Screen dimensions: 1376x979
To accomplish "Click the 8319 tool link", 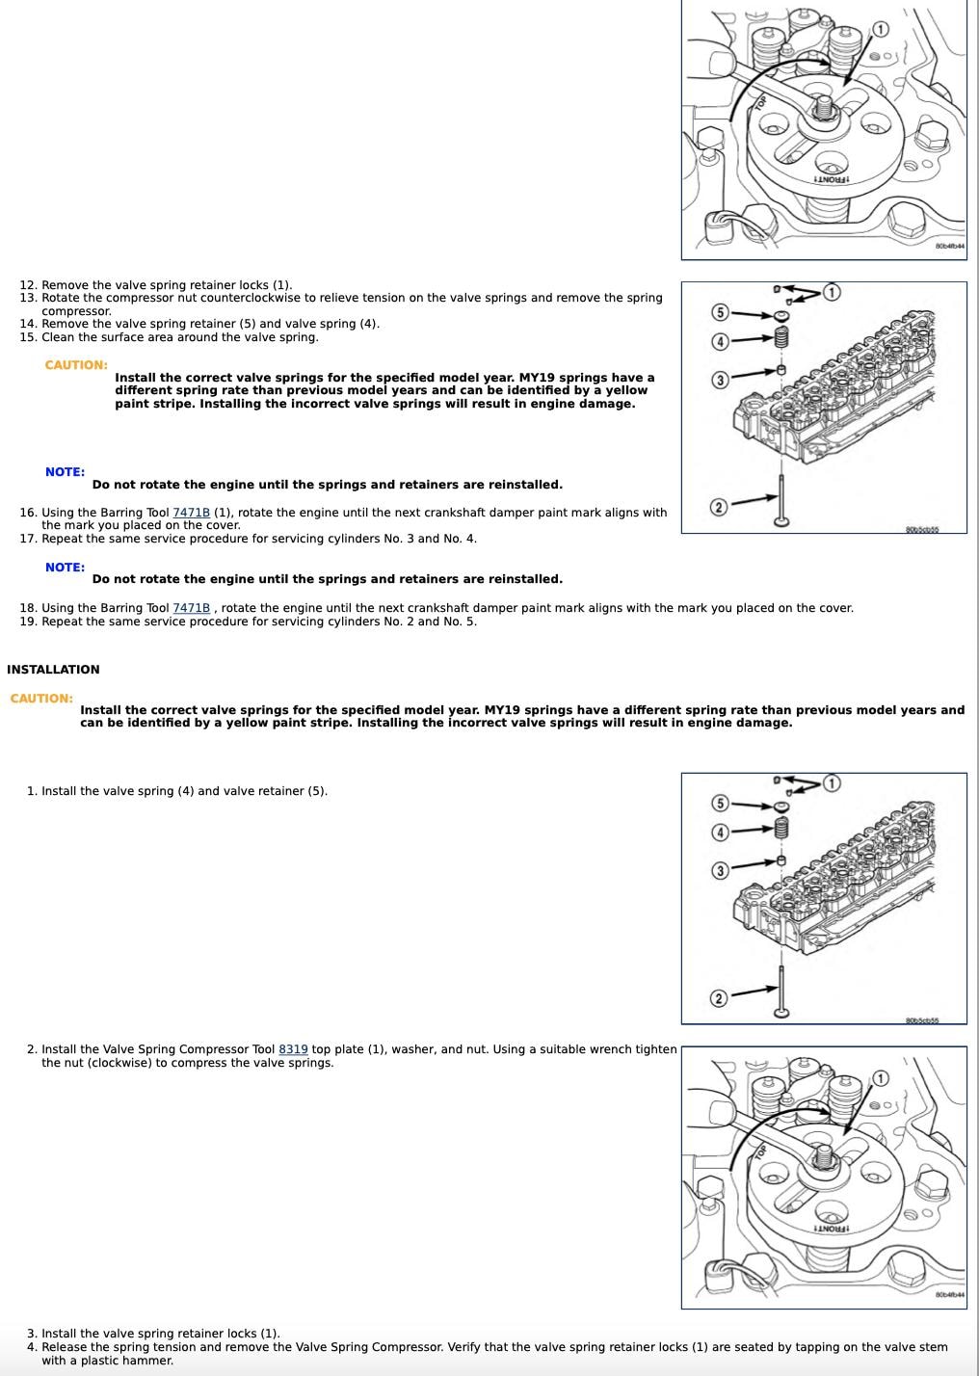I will [293, 1049].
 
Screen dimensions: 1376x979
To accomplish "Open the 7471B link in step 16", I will [191, 513].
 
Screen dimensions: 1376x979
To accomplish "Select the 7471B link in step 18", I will [191, 608].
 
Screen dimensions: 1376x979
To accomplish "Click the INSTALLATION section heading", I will [53, 670].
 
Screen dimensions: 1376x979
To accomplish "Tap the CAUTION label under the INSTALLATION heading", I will [41, 699].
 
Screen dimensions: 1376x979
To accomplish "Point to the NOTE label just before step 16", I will [65, 472].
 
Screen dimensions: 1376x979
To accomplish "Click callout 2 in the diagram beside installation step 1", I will [718, 998].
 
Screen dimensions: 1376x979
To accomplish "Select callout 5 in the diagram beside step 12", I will [719, 311].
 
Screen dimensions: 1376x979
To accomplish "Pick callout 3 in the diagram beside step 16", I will [719, 380].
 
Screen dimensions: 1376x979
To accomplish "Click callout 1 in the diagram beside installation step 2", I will [880, 1078].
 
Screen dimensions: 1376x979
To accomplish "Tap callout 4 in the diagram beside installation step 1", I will [719, 833].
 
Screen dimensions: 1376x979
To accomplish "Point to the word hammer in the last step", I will [150, 1361].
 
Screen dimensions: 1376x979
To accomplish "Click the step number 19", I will [27, 622].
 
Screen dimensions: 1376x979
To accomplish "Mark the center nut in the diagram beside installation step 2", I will [823, 1155].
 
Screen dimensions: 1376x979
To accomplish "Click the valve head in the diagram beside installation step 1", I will [781, 1011].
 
